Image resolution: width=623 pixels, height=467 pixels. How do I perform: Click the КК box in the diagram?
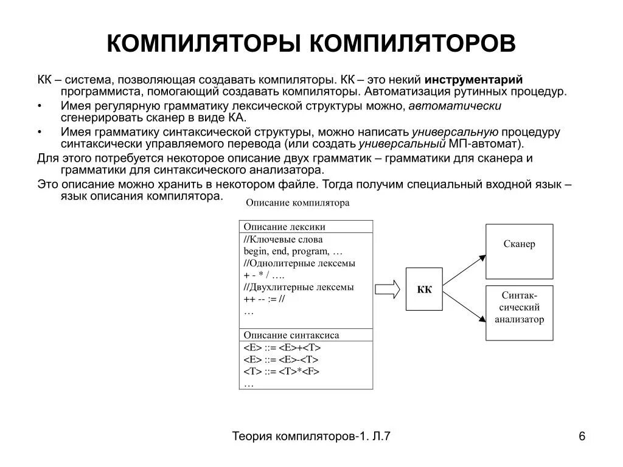pos(424,289)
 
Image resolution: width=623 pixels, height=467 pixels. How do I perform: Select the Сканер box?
pos(519,244)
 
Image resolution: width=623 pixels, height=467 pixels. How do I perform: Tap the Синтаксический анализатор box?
pos(519,312)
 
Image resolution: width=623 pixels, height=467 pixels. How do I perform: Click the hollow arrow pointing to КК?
pos(388,289)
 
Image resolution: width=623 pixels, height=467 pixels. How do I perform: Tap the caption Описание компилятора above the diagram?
pos(298,203)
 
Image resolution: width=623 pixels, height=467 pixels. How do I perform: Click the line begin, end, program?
pos(293,251)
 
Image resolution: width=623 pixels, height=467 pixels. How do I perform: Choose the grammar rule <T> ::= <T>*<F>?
pos(281,372)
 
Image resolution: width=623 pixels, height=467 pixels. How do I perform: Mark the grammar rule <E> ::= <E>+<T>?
pos(282,348)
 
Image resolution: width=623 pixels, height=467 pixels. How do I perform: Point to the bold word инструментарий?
pos(473,80)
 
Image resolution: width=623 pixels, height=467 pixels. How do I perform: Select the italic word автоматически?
pos(454,106)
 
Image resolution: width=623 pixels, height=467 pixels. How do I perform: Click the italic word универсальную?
pos(455,132)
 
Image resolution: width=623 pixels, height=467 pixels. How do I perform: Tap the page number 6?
pos(582,436)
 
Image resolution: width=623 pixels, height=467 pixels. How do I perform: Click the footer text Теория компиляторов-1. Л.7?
pos(311,436)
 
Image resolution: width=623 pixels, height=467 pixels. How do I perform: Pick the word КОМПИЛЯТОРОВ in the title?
pos(413,44)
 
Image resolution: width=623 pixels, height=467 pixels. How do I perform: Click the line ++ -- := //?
pos(264,299)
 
